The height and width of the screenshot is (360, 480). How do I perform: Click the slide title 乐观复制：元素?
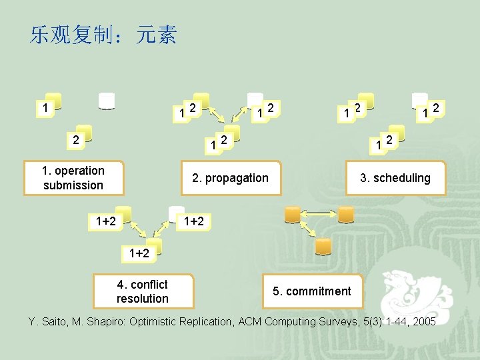click(x=103, y=35)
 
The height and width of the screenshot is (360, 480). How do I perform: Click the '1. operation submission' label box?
click(x=73, y=178)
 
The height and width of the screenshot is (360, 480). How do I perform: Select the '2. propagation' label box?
click(x=230, y=178)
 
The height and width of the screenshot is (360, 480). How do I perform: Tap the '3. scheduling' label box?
click(x=395, y=178)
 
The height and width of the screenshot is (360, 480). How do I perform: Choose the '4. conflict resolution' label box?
click(x=143, y=291)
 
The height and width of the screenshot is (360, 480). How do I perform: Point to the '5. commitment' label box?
click(x=311, y=291)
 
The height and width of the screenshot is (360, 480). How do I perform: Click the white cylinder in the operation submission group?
click(x=107, y=100)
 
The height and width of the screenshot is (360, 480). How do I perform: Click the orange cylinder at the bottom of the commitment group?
click(x=323, y=247)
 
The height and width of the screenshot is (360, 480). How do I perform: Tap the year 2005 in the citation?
click(x=423, y=322)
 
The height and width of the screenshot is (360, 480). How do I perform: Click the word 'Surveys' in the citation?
click(x=329, y=322)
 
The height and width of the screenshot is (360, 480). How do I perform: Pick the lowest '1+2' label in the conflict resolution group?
click(x=140, y=253)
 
